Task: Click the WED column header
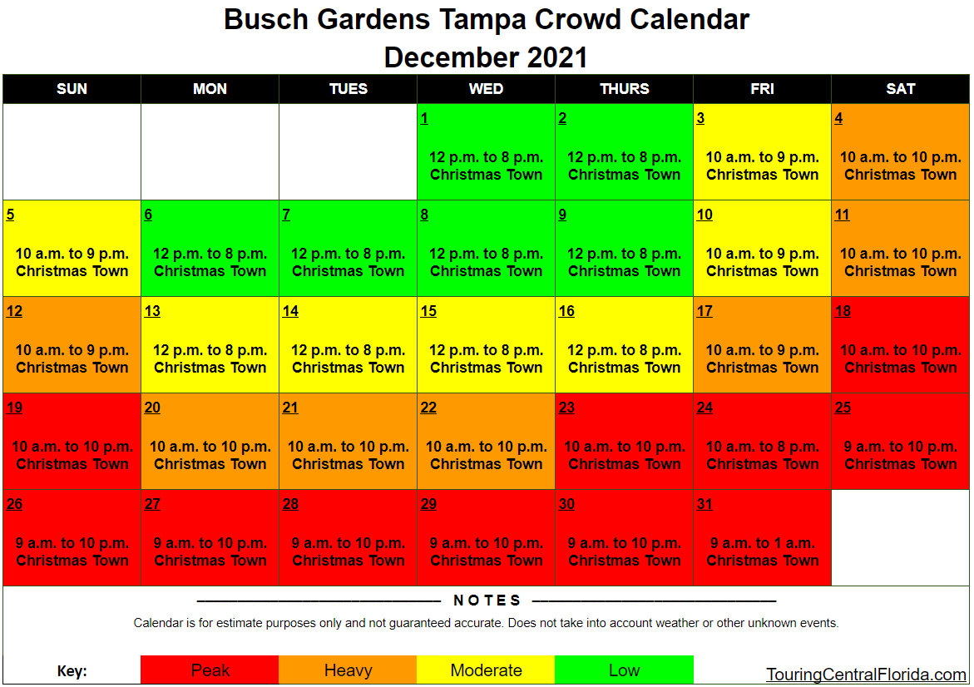(x=486, y=89)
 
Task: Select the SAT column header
(x=900, y=89)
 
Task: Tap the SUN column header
(x=72, y=89)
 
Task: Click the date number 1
(x=424, y=118)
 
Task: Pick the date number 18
(x=843, y=311)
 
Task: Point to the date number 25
(x=843, y=408)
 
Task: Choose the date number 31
(x=705, y=504)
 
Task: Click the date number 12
(x=14, y=311)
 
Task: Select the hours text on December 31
(x=762, y=543)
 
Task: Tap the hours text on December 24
(x=762, y=447)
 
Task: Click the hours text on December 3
(x=762, y=157)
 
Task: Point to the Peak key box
(x=210, y=670)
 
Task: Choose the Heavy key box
(x=348, y=670)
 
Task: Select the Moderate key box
(x=486, y=670)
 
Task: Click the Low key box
(x=624, y=670)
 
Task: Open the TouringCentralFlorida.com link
(x=866, y=675)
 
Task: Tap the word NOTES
(x=487, y=601)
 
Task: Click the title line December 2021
(x=486, y=57)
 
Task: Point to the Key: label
(x=72, y=672)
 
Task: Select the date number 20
(x=152, y=408)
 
